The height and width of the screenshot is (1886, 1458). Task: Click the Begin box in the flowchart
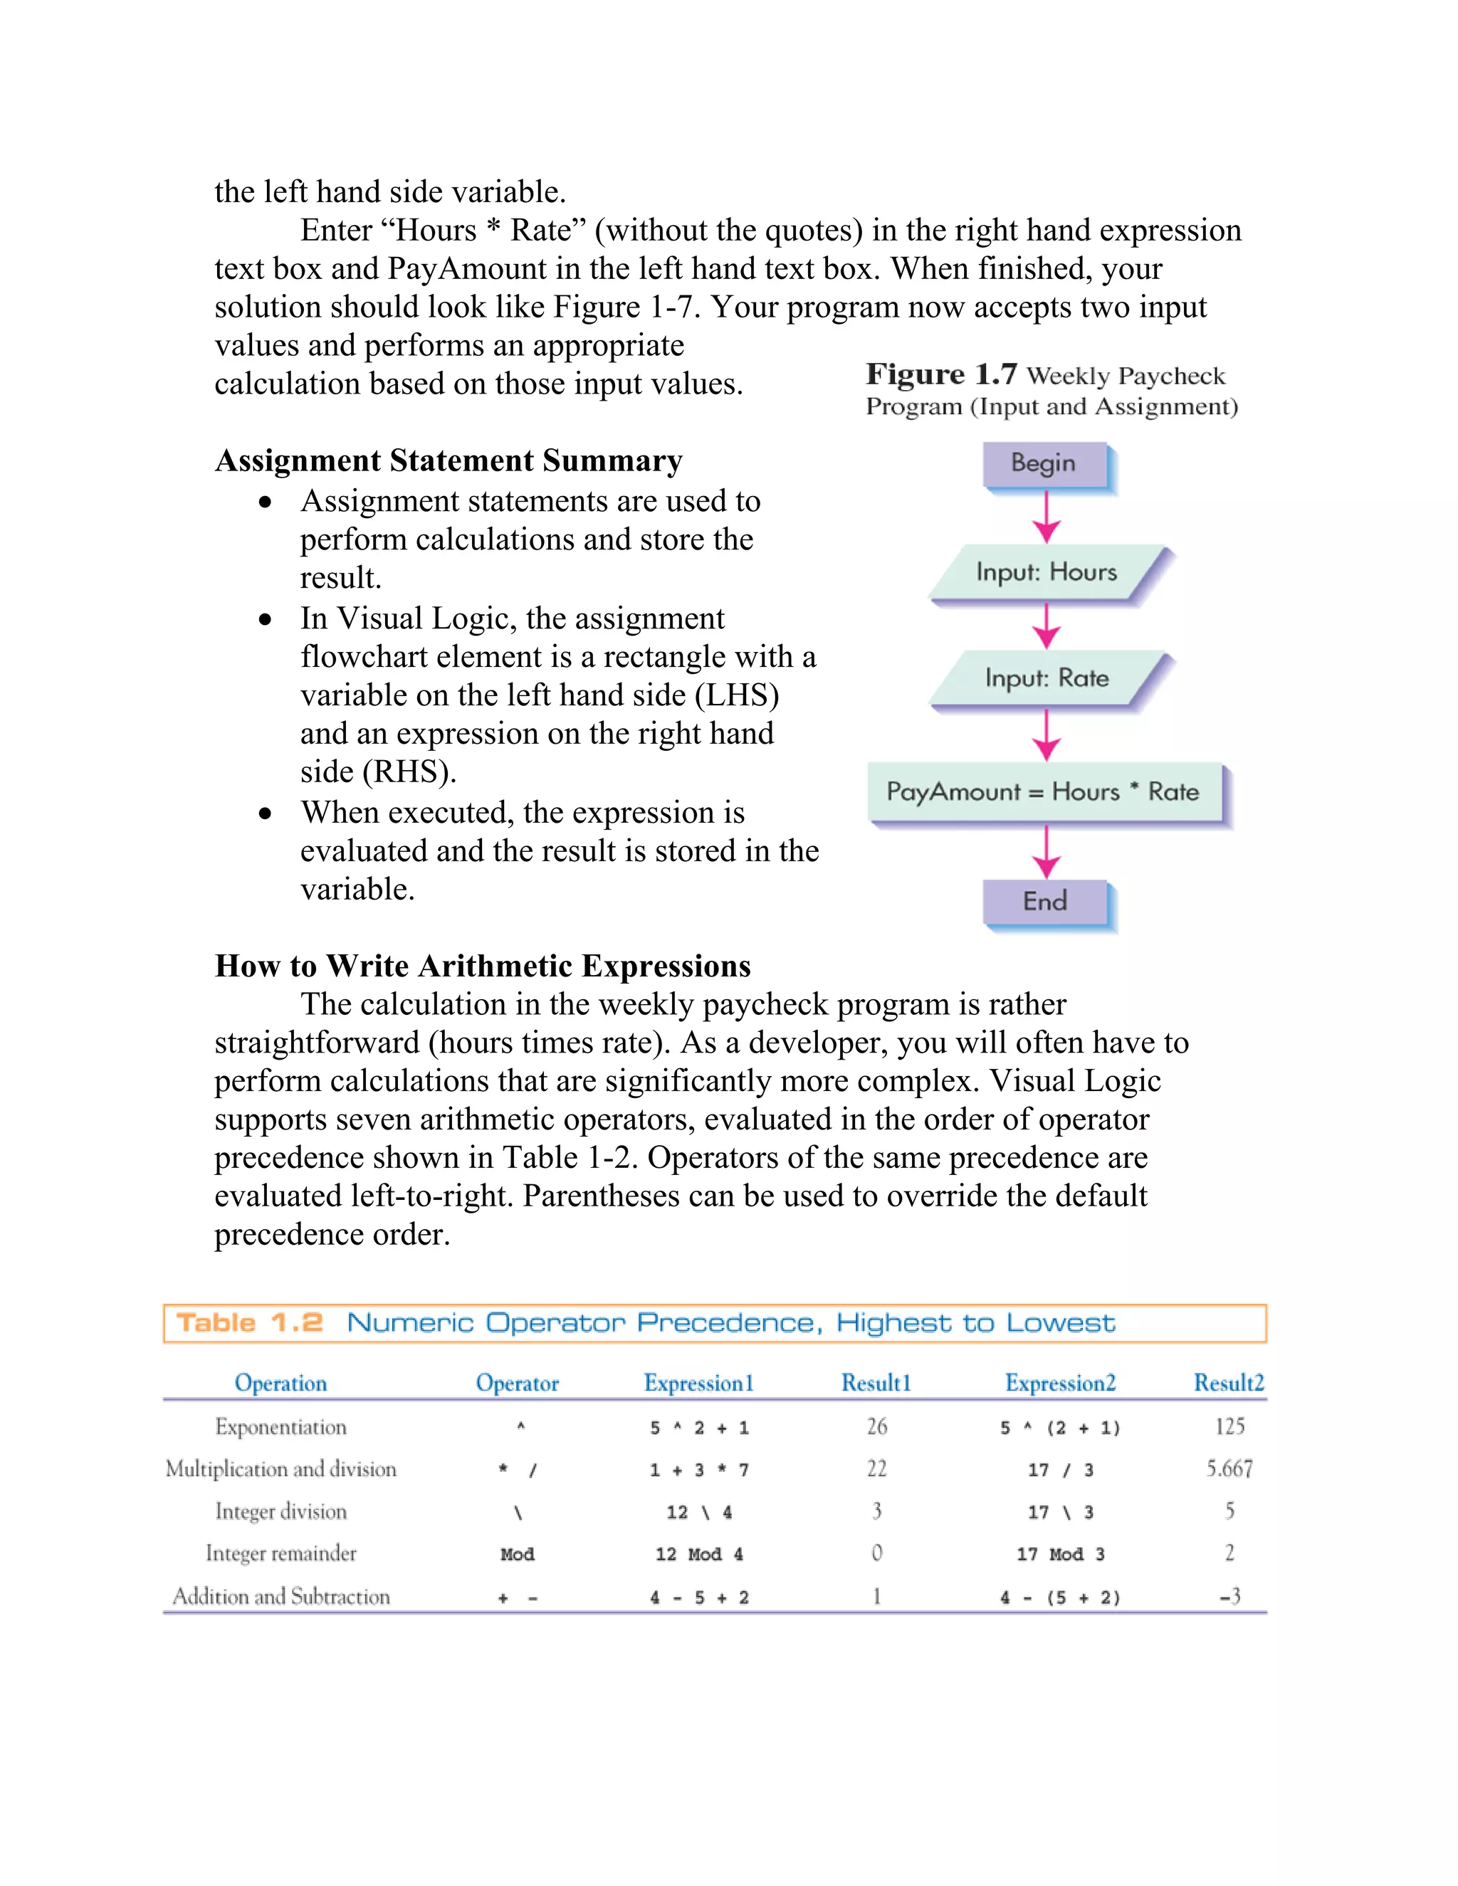pyautogui.click(x=1044, y=464)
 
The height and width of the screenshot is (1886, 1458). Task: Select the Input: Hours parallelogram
pyautogui.click(x=1047, y=571)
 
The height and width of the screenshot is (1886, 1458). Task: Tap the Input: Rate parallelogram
pyautogui.click(x=1047, y=678)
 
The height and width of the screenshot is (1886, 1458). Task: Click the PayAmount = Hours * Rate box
pyautogui.click(x=1044, y=792)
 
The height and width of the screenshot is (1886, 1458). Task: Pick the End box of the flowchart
pyautogui.click(x=1044, y=902)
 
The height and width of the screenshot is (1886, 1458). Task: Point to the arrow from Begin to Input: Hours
pyautogui.click(x=1046, y=517)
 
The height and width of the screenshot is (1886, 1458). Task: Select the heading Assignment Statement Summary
pyautogui.click(x=449, y=460)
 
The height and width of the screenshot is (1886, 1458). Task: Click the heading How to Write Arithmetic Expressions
pyautogui.click(x=483, y=966)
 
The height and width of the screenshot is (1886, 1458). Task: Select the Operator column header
pyautogui.click(x=517, y=1383)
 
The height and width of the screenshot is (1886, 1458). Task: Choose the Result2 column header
pyautogui.click(x=1228, y=1383)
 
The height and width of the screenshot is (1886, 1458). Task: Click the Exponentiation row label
pyautogui.click(x=280, y=1426)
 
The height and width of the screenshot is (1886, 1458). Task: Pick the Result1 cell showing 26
pyautogui.click(x=876, y=1426)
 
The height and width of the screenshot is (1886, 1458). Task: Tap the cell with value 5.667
pyautogui.click(x=1229, y=1469)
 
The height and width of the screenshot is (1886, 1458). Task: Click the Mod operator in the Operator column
pyautogui.click(x=517, y=1554)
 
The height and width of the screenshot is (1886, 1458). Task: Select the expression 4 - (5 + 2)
pyautogui.click(x=1060, y=1598)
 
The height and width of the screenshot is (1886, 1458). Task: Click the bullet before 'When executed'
pyautogui.click(x=265, y=813)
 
